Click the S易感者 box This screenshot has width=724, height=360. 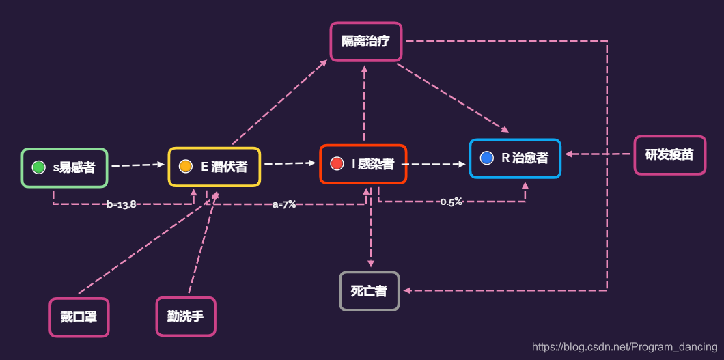65,167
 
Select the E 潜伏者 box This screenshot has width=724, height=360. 214,167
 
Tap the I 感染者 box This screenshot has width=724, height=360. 363,164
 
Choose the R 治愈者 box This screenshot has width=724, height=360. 515,158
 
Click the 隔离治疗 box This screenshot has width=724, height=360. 366,42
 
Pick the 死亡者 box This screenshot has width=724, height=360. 370,291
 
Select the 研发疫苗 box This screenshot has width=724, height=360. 669,155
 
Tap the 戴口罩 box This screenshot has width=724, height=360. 79,317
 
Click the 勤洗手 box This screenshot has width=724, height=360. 186,316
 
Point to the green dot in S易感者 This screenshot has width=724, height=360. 39,167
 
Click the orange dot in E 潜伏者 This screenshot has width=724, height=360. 185,166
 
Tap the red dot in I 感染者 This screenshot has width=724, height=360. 336,163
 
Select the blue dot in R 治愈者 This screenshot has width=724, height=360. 486,158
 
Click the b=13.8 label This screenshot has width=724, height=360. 122,204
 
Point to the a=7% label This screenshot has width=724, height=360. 284,204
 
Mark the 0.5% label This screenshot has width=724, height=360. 451,202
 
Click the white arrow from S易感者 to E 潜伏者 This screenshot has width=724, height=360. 138,165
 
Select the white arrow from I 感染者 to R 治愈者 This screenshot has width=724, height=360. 434,164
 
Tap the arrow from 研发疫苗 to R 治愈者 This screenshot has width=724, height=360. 598,154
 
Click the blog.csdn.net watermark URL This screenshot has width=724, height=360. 624,347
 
